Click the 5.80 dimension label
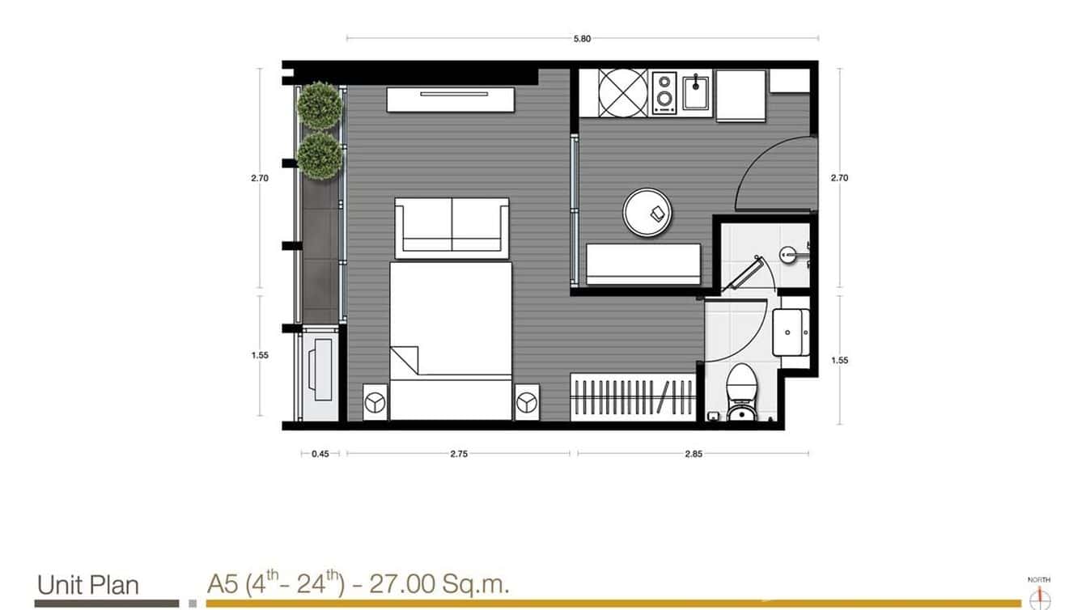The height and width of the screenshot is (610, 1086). (582, 39)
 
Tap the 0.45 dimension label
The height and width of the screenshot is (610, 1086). (320, 454)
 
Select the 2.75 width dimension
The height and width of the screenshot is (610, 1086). (459, 454)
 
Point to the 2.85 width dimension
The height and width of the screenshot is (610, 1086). (693, 454)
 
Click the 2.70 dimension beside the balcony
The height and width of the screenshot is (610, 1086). (259, 178)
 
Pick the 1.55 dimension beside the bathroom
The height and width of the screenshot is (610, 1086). (840, 360)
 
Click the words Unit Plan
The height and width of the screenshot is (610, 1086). (88, 584)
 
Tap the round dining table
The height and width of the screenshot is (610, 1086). (647, 213)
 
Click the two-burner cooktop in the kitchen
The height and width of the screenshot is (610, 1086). (664, 91)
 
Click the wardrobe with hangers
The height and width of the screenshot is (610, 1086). (633, 397)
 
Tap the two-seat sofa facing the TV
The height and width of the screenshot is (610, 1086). (452, 227)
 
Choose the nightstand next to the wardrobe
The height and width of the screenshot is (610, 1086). (527, 402)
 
